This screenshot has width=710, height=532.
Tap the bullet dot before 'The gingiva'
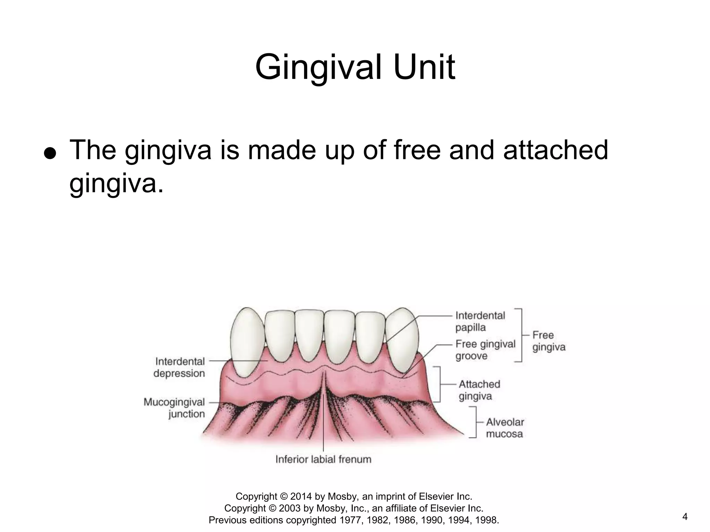pos(50,152)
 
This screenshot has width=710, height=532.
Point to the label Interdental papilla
pos(480,321)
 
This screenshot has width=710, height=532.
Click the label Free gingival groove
pos(485,350)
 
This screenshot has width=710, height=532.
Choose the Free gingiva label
pos(548,341)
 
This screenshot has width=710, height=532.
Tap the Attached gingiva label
pos(479,390)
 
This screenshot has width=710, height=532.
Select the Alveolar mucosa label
pos(504,428)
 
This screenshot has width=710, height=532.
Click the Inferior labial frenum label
pos(323,459)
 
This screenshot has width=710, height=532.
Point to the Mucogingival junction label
pos(174,408)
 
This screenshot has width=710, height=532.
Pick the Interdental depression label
pos(179,367)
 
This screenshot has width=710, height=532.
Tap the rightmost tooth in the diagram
pos(402,338)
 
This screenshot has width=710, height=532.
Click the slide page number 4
pos(685,517)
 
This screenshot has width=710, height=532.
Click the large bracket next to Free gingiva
pos(520,335)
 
